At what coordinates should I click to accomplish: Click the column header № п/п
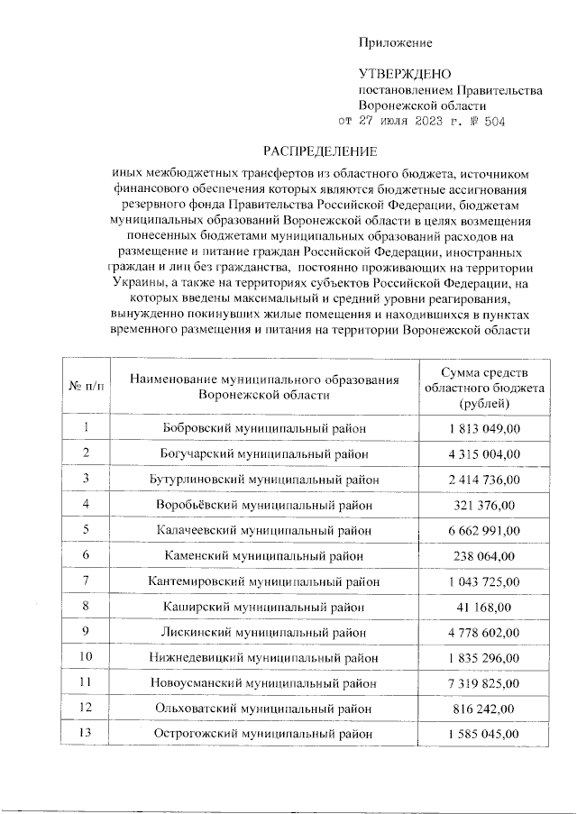(x=86, y=386)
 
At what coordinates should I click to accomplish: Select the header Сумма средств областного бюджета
(x=484, y=386)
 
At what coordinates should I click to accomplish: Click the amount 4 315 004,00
(x=484, y=452)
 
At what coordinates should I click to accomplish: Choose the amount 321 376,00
(x=484, y=503)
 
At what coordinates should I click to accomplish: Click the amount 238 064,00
(x=484, y=554)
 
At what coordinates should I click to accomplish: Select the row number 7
(x=86, y=580)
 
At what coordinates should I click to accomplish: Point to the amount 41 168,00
(x=484, y=606)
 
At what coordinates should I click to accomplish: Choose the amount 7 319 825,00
(x=484, y=682)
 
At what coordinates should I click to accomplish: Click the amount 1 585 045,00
(x=484, y=734)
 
